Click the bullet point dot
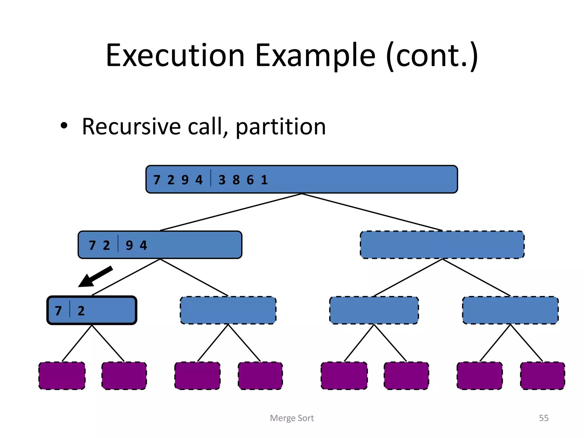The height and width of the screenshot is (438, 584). [x=64, y=126]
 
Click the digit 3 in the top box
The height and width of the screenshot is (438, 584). [x=222, y=180]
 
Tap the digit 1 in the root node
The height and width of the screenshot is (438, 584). [x=264, y=180]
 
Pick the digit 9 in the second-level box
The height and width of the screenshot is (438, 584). [x=129, y=245]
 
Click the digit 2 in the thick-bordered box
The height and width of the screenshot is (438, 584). [x=81, y=311]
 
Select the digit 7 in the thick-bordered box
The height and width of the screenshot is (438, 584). [x=58, y=311]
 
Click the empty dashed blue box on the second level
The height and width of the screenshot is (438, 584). [x=442, y=245]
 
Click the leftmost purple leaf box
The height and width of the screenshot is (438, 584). [x=62, y=376]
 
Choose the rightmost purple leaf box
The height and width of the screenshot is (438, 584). [x=542, y=376]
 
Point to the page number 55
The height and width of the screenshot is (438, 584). [x=544, y=418]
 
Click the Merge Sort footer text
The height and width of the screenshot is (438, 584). [x=292, y=418]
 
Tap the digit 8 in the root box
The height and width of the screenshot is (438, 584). [x=236, y=180]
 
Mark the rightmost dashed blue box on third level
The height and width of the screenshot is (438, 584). [x=510, y=310]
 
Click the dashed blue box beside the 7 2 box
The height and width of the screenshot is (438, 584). [x=228, y=310]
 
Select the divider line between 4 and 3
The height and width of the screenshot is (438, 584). [x=211, y=178]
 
